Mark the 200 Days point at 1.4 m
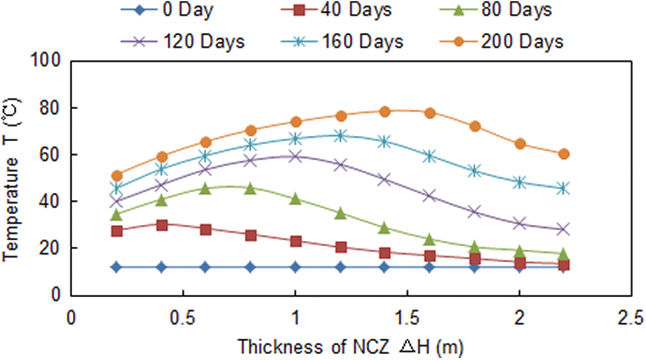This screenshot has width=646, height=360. tap(385, 112)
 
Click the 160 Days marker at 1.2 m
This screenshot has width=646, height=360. tap(340, 136)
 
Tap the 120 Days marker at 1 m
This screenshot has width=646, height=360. tap(295, 157)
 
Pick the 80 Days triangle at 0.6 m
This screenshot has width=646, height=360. tap(205, 189)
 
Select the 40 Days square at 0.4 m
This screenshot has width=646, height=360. tap(161, 225)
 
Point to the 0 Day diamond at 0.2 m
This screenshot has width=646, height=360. tap(116, 267)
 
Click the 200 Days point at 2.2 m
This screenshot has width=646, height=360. tap(564, 154)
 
